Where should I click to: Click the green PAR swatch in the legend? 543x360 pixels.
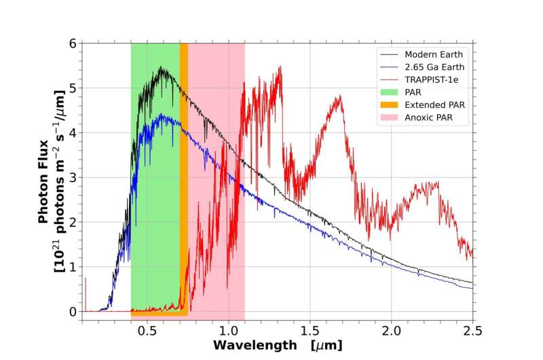pos(390,92)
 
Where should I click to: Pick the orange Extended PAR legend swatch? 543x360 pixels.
pos(390,105)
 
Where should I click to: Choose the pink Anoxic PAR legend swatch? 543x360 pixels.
pos(390,118)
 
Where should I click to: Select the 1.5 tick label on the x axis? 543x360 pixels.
pos(310,329)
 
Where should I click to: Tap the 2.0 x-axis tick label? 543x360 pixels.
pos(392,329)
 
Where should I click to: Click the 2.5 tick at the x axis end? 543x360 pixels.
pos(472,329)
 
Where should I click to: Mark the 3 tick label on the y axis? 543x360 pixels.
pos(73,177)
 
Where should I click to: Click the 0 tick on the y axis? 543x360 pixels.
pos(73,311)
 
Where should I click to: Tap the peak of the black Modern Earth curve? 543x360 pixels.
pos(161,67)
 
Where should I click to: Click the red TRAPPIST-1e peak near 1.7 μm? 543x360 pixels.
pos(339,96)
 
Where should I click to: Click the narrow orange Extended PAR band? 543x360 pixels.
pos(184,177)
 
